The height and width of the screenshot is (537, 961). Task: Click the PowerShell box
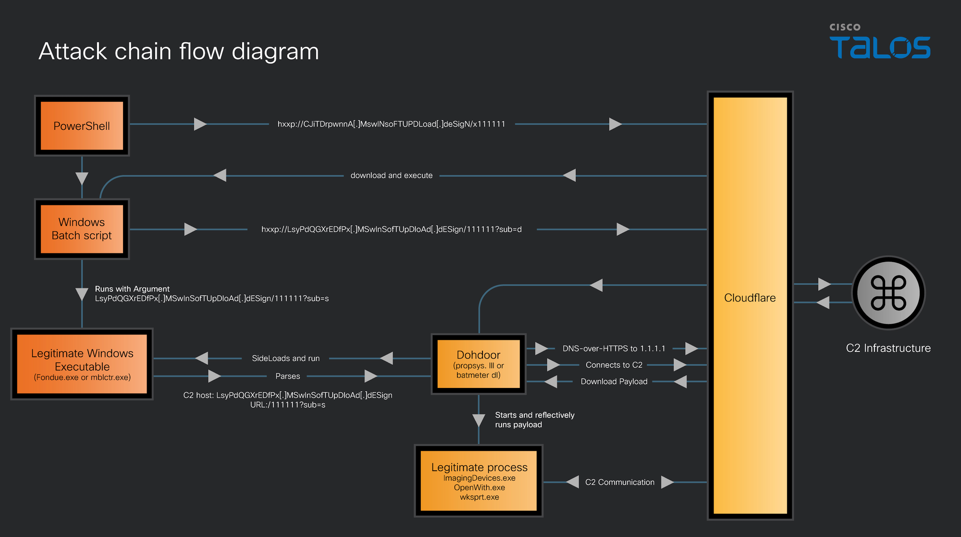pyautogui.click(x=82, y=125)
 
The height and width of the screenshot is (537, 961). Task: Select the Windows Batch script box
pyautogui.click(x=82, y=229)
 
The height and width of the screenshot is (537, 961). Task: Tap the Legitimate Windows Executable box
pyautogui.click(x=82, y=364)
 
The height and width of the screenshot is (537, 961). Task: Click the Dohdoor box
pyautogui.click(x=479, y=364)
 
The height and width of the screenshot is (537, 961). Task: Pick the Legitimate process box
pyautogui.click(x=479, y=481)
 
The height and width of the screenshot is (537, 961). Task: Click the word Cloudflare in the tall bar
pyautogui.click(x=750, y=298)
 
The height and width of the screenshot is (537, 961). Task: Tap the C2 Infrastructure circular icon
pyautogui.click(x=888, y=293)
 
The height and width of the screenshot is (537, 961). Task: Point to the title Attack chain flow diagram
pyautogui.click(x=179, y=51)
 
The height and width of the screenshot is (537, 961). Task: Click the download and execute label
pyautogui.click(x=392, y=175)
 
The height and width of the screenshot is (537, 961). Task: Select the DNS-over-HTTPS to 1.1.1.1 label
pyautogui.click(x=614, y=349)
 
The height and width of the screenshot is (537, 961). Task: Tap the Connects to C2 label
pyautogui.click(x=614, y=365)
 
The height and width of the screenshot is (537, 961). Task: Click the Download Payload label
pyautogui.click(x=614, y=382)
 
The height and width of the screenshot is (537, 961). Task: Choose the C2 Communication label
pyautogui.click(x=619, y=482)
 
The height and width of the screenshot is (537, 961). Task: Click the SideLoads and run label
pyautogui.click(x=285, y=358)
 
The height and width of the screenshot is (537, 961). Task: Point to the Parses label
pyautogui.click(x=287, y=376)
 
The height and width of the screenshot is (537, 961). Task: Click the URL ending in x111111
pyautogui.click(x=391, y=124)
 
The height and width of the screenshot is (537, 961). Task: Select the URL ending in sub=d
pyautogui.click(x=391, y=229)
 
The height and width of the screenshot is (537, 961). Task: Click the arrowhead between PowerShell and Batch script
pyautogui.click(x=82, y=178)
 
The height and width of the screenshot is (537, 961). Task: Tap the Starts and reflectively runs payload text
pyautogui.click(x=534, y=420)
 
